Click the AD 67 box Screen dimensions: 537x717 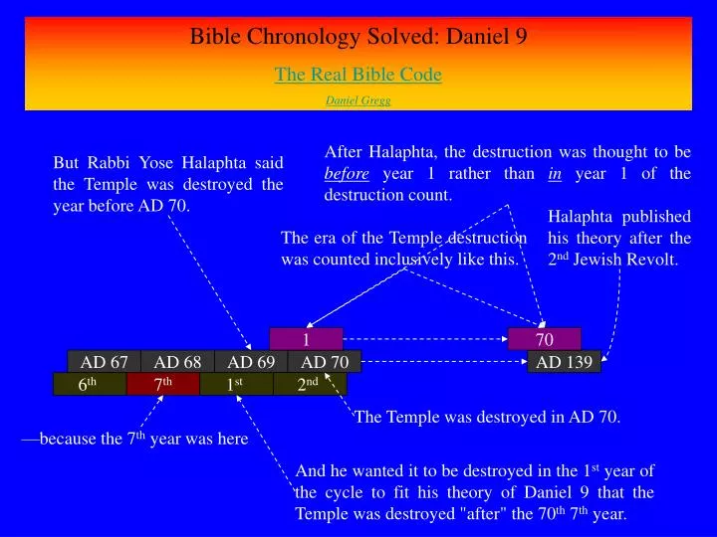point(104,362)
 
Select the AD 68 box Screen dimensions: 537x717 point(177,362)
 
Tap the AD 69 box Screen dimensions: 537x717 point(251,362)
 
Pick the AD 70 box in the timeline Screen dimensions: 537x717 point(325,362)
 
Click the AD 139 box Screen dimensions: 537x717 point(564,362)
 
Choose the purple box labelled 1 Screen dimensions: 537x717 point(306,339)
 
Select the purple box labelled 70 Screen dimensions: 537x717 point(544,339)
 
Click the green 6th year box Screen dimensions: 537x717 point(90,385)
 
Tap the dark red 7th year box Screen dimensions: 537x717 point(163,385)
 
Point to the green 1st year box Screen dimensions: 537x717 point(236,385)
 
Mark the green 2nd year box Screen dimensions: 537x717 point(310,385)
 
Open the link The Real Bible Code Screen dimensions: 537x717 point(358,75)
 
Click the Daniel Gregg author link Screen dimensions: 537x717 point(358,100)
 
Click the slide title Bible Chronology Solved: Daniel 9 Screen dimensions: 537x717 point(358,38)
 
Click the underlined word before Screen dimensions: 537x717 point(347,174)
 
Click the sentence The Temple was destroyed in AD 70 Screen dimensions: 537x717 point(487,418)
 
